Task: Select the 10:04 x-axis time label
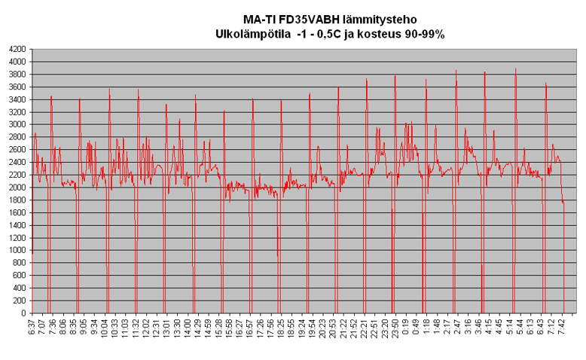coord(104,330)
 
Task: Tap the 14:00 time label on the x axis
coord(187,330)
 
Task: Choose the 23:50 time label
coord(395,330)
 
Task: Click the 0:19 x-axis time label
coord(405,328)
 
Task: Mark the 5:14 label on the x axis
coord(509,328)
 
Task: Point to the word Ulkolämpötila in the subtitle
coord(252,34)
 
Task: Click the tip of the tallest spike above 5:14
coord(515,69)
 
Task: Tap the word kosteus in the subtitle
coord(380,34)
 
